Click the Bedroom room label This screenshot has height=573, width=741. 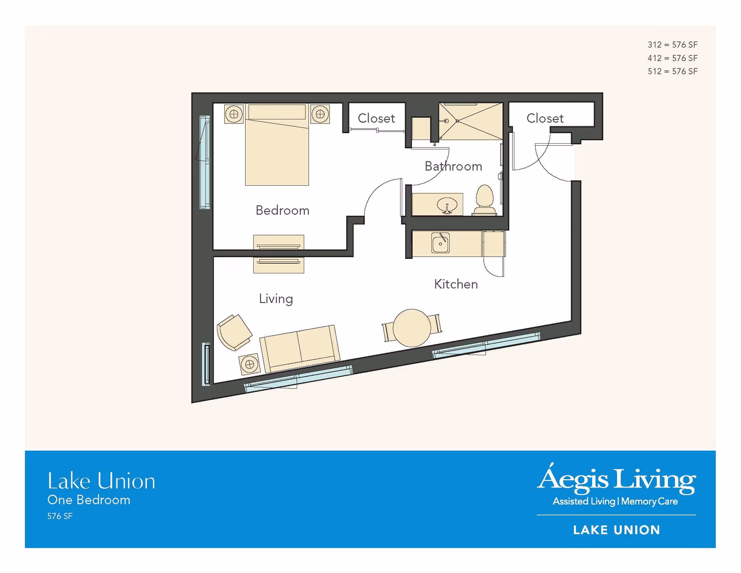[282, 210]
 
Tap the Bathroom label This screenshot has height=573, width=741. [453, 166]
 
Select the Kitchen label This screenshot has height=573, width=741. [456, 284]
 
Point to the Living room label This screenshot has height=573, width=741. [276, 299]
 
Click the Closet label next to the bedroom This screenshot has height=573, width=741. [376, 118]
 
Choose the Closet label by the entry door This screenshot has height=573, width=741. [545, 118]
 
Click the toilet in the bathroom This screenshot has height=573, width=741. [484, 200]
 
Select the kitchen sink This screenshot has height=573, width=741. [440, 243]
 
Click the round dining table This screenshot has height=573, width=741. [412, 328]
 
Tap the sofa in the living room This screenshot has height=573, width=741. [299, 348]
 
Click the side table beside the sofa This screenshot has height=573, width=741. [249, 364]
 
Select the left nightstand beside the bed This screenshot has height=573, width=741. [234, 114]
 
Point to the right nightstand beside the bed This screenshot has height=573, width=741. [320, 114]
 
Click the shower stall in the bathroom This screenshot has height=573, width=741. [471, 121]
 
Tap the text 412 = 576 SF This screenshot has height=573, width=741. [672, 58]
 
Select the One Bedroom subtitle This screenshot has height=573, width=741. [89, 500]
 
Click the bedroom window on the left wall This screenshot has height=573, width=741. [205, 162]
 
